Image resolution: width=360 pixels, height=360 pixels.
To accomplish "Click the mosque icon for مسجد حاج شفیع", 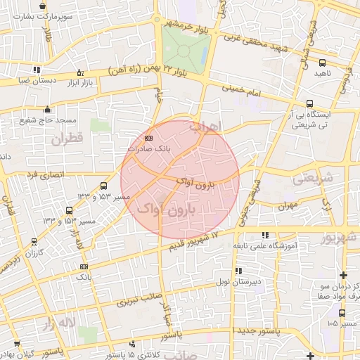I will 47,109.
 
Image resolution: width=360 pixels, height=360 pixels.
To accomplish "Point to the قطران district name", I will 66,139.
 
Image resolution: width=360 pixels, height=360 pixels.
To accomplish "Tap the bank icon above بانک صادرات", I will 148,139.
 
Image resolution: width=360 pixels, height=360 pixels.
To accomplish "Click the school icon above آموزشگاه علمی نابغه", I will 265,236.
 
